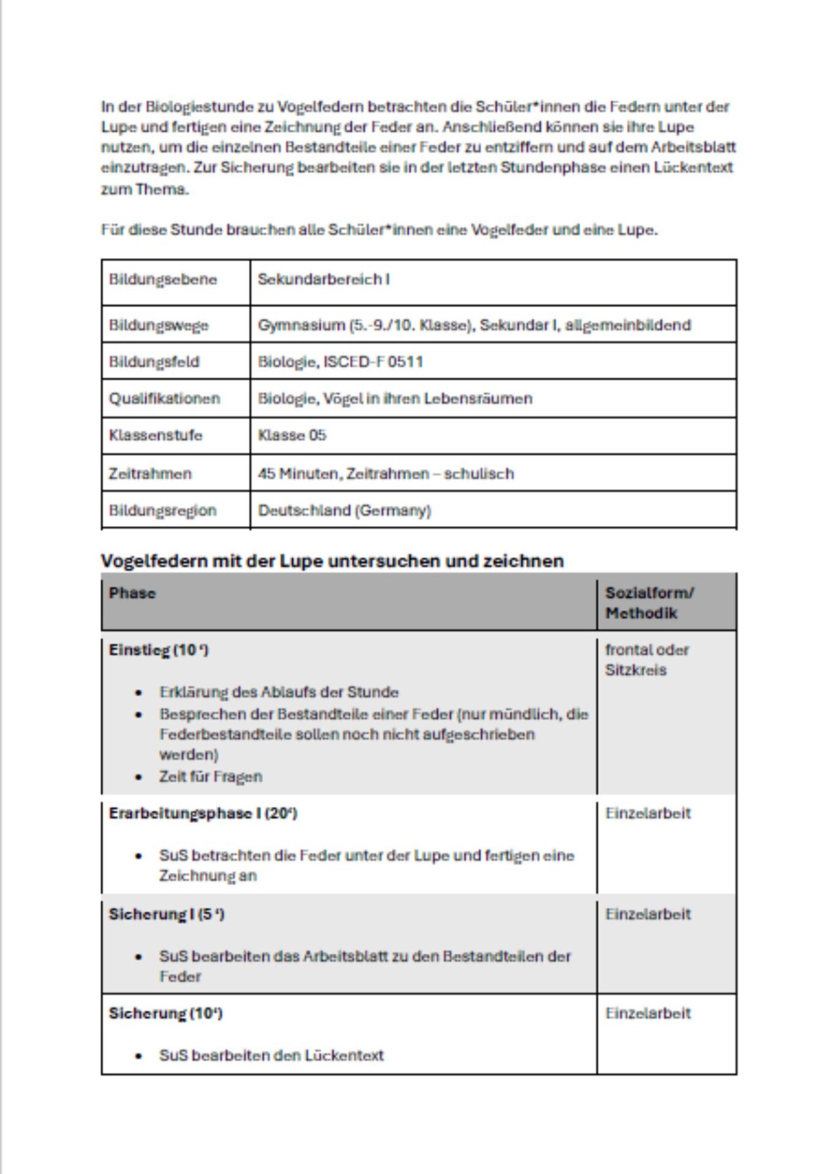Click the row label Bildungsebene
pyautogui.click(x=163, y=279)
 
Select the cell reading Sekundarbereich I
pyautogui.click(x=324, y=279)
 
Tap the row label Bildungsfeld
pyautogui.click(x=154, y=361)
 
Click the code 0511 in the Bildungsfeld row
pyautogui.click(x=405, y=361)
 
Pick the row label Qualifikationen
pyautogui.click(x=164, y=399)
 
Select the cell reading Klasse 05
pyautogui.click(x=292, y=435)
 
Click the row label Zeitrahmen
pyautogui.click(x=150, y=473)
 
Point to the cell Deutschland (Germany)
pyautogui.click(x=344, y=511)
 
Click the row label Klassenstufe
pyautogui.click(x=155, y=435)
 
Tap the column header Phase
pyautogui.click(x=132, y=593)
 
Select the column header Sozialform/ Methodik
pyautogui.click(x=648, y=603)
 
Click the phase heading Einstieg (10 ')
pyautogui.click(x=158, y=650)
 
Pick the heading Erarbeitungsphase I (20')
pyautogui.click(x=202, y=813)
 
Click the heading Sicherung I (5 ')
pyautogui.click(x=166, y=914)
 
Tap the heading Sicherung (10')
pyautogui.click(x=165, y=1013)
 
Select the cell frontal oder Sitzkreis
pyautogui.click(x=646, y=660)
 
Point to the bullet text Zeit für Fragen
pyautogui.click(x=210, y=777)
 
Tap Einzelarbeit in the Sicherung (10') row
pyautogui.click(x=648, y=1013)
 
